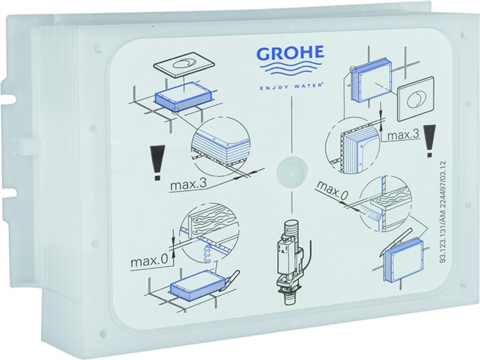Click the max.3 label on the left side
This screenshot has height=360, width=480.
[x=188, y=184]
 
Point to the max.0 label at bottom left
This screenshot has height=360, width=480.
[x=149, y=261]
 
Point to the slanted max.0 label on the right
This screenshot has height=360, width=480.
[x=333, y=190]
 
